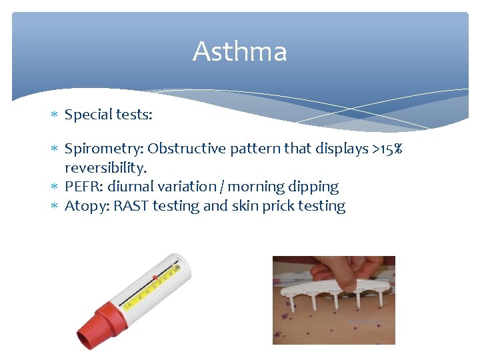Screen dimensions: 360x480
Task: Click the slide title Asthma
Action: click(239, 52)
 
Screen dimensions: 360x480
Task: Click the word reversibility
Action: click(105, 167)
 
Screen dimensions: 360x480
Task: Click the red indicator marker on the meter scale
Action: click(155, 276)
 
